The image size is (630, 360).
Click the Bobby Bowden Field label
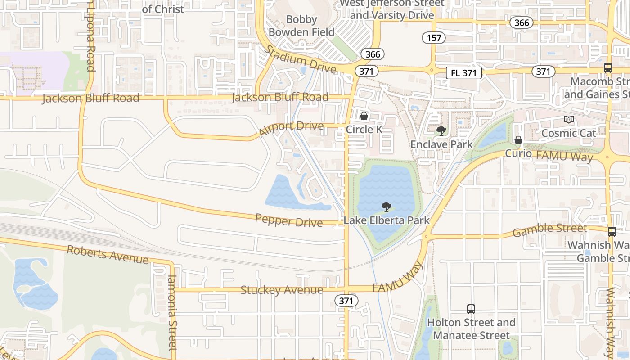(301, 26)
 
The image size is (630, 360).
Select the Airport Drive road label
(292, 128)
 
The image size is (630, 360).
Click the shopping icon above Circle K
(364, 117)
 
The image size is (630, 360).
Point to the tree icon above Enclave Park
(441, 131)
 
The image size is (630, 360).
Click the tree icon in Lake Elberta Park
(386, 207)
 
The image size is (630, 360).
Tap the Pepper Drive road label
(289, 220)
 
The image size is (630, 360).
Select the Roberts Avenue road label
(108, 255)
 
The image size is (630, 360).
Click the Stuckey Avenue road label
(282, 290)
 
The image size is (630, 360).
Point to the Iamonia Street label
(172, 313)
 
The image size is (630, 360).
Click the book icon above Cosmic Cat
(569, 120)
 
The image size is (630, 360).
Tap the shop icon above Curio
(518, 140)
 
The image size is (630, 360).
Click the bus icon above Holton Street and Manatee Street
(471, 309)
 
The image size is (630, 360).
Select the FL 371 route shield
(464, 73)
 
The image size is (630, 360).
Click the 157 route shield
(434, 38)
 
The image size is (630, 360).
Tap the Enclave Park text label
(441, 144)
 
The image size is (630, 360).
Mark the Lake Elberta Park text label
(387, 220)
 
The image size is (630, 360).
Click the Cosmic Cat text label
(568, 133)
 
